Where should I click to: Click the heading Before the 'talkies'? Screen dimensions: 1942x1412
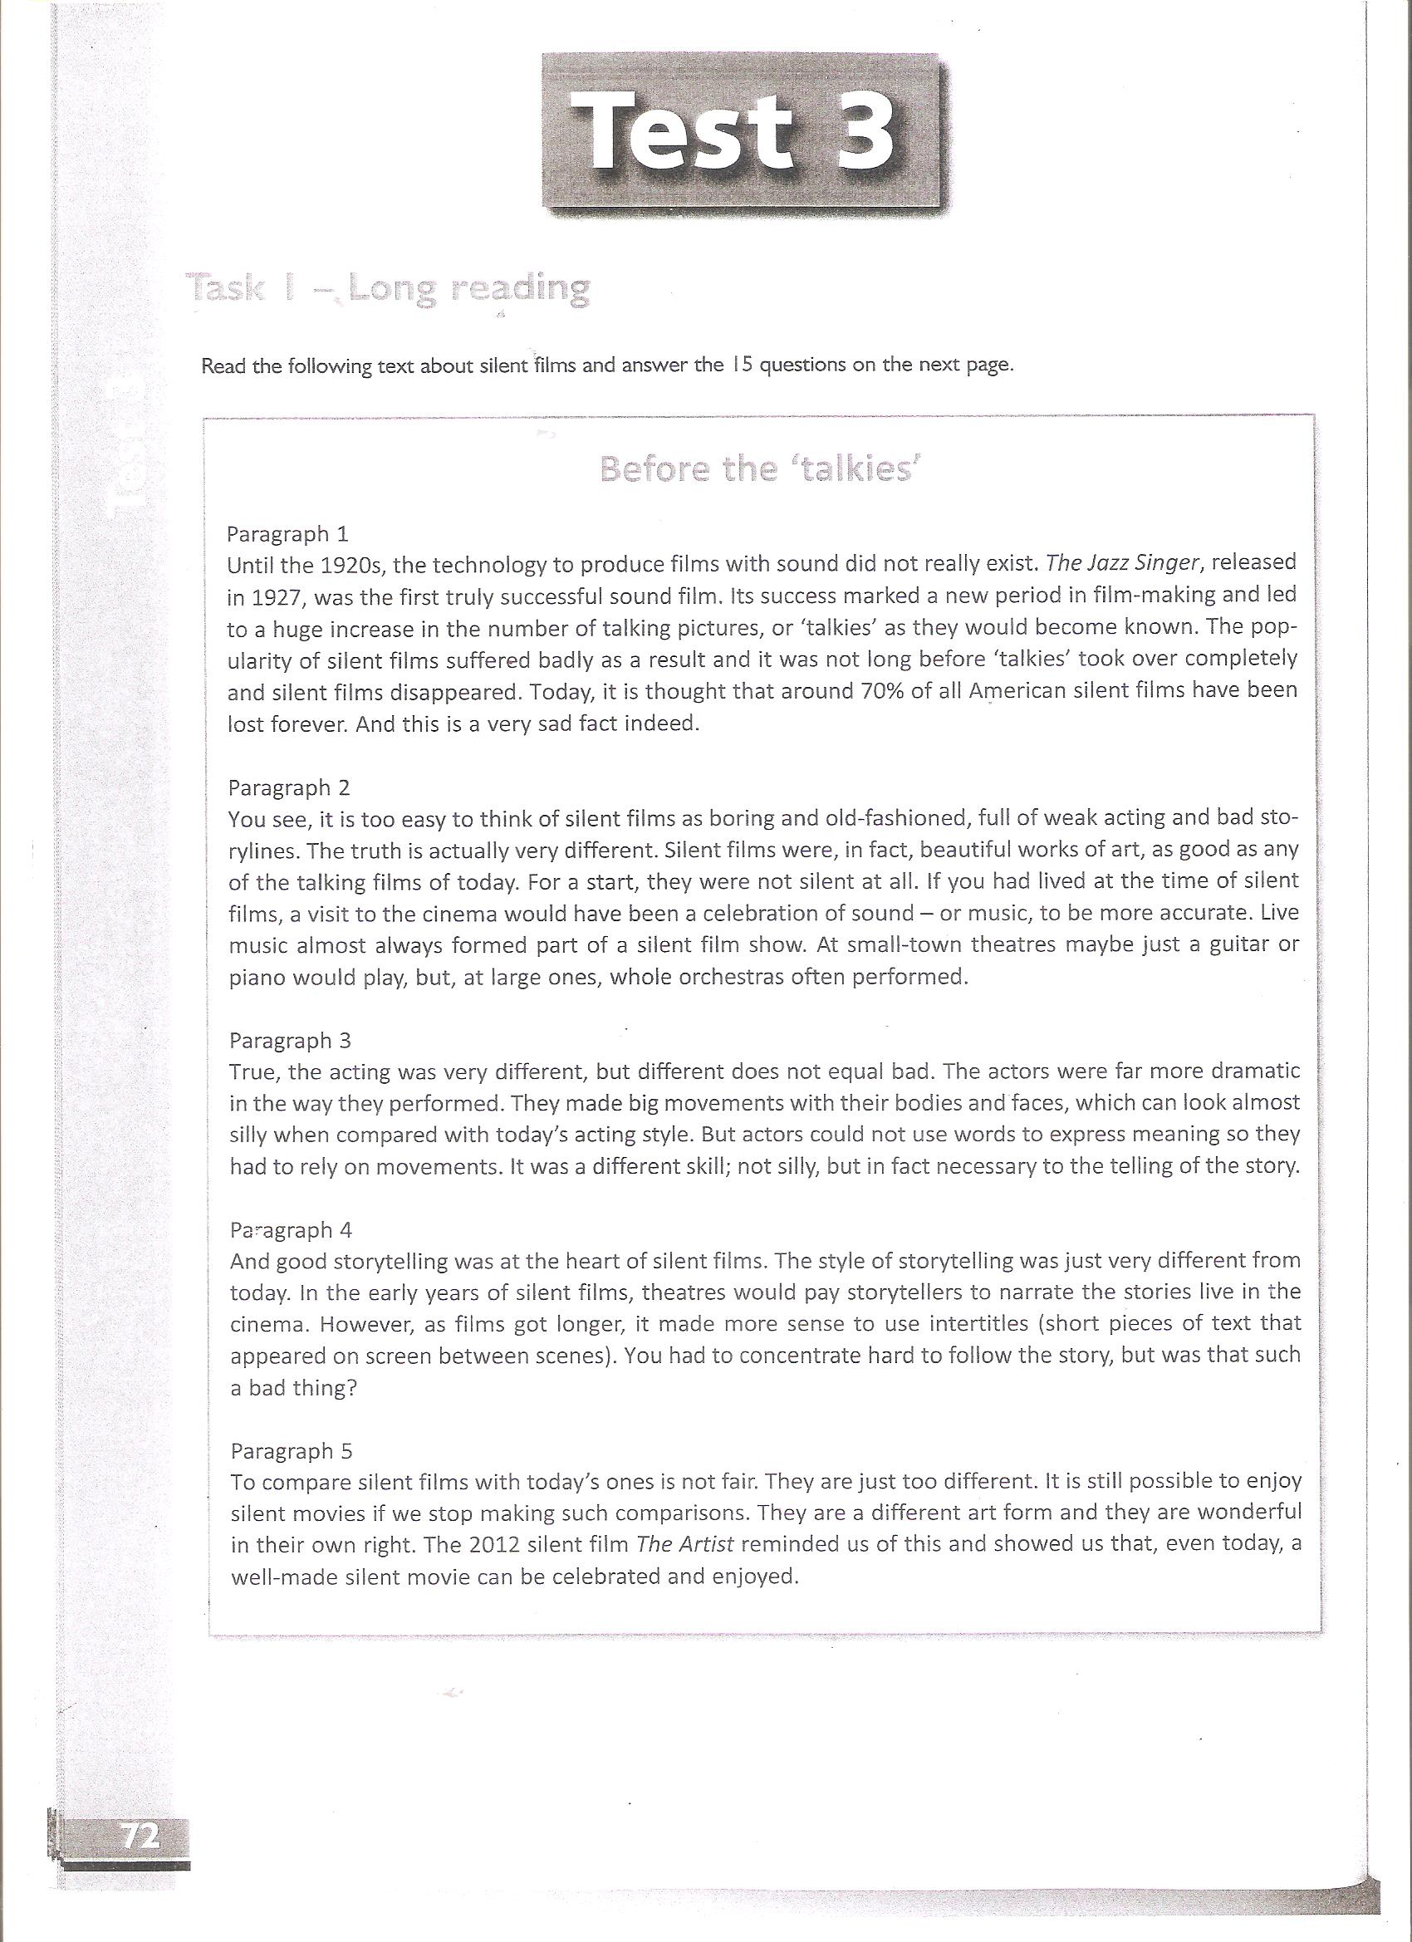coord(758,468)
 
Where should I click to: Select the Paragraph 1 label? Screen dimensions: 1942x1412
coord(287,534)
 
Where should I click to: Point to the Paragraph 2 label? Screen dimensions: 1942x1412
coord(288,787)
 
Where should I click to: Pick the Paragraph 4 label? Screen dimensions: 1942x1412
coord(292,1229)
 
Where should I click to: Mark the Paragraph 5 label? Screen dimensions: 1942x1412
coord(292,1450)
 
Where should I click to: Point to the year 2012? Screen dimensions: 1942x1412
coord(497,1545)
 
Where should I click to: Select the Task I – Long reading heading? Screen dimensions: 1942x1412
coord(390,288)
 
